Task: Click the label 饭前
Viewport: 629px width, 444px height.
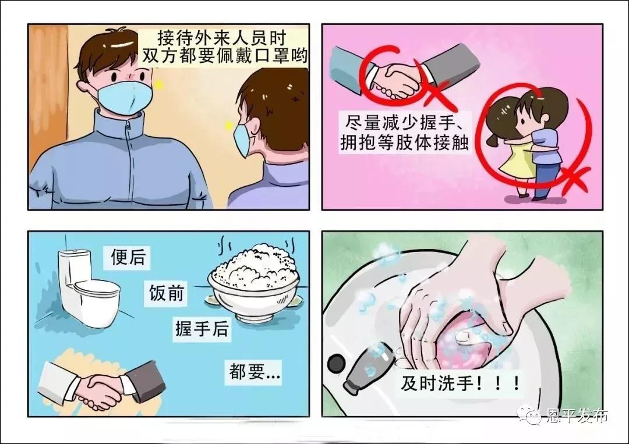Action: tap(166, 293)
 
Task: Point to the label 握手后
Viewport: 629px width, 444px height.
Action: tap(202, 329)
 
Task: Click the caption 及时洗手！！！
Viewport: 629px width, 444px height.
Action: tap(461, 383)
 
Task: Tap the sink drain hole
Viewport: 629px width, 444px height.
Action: tap(336, 363)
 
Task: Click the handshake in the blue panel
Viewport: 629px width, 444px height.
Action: tap(103, 387)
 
